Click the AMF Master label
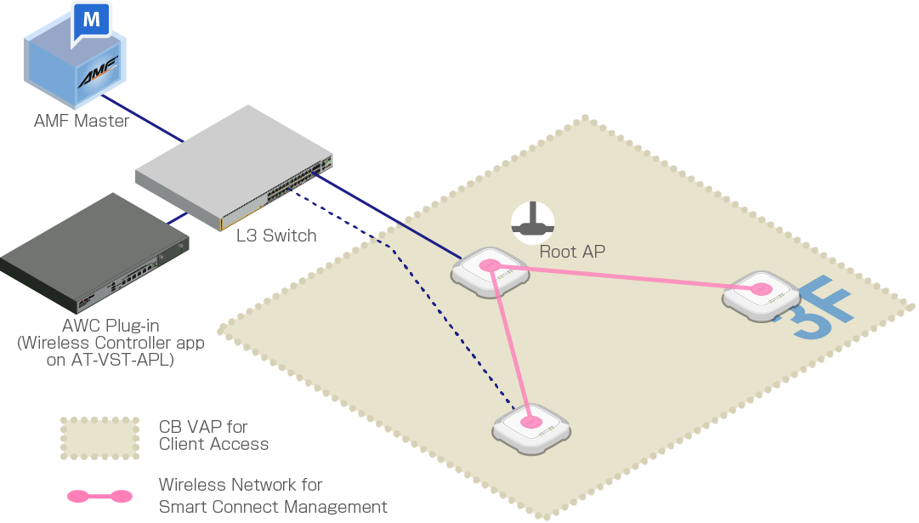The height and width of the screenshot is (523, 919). (82, 121)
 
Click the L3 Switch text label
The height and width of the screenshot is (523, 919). (276, 236)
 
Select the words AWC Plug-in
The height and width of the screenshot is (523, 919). (111, 325)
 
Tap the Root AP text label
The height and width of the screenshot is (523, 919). (572, 252)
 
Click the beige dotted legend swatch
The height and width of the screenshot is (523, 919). (99, 437)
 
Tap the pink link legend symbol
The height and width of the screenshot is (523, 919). (99, 495)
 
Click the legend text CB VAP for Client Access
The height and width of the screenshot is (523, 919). (213, 435)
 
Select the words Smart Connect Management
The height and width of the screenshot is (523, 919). (273, 507)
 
